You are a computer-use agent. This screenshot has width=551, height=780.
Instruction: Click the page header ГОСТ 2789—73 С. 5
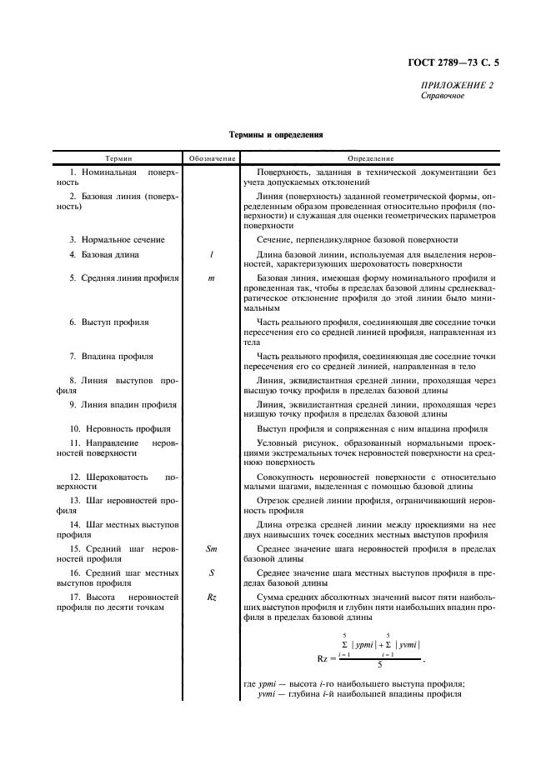[x=458, y=62]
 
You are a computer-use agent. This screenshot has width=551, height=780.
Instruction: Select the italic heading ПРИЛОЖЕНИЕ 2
[x=457, y=85]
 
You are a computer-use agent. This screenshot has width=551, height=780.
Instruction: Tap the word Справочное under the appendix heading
[x=443, y=96]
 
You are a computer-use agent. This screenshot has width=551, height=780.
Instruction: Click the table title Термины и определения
[x=276, y=133]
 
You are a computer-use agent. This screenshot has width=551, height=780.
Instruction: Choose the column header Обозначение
[x=211, y=158]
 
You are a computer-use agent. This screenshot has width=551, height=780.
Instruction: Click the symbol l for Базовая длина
[x=211, y=254]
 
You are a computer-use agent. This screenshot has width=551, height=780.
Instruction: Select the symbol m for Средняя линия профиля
[x=211, y=277]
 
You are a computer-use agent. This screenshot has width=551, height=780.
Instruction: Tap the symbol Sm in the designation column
[x=211, y=549]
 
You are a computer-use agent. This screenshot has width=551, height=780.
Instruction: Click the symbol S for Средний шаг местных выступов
[x=211, y=573]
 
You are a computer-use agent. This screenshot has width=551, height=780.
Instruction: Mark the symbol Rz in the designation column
[x=211, y=597]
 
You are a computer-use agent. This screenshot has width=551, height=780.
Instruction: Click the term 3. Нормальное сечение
[x=117, y=239]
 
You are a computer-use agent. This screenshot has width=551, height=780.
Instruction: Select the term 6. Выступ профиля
[x=109, y=322]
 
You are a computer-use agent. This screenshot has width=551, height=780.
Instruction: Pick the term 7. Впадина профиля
[x=111, y=356]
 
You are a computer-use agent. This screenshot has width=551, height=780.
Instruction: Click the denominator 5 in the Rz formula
[x=380, y=665]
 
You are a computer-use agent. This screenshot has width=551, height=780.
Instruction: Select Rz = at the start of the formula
[x=328, y=658]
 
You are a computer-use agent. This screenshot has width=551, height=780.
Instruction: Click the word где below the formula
[x=249, y=685]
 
